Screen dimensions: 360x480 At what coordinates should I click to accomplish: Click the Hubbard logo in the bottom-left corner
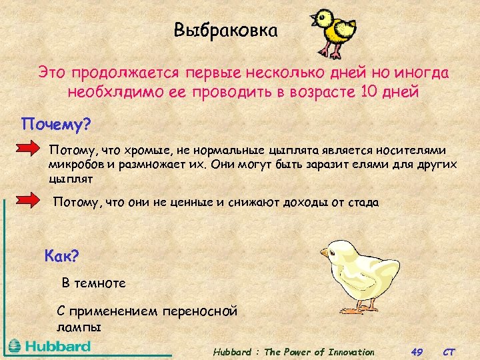click(50, 347)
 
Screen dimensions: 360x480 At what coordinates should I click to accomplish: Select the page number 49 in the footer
click(417, 351)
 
